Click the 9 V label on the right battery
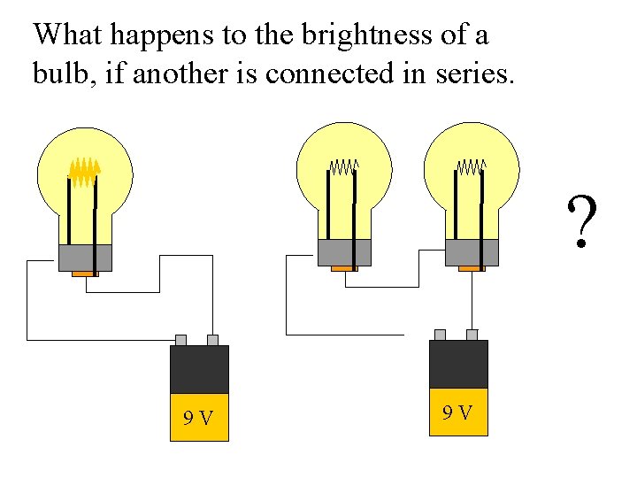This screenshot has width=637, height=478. [x=457, y=412]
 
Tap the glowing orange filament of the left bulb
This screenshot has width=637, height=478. [x=85, y=170]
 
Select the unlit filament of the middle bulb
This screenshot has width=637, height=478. [x=344, y=166]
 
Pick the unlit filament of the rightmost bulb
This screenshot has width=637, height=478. [x=472, y=166]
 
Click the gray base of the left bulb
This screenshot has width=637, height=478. [x=85, y=258]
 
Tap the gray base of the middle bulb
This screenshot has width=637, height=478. [x=344, y=252]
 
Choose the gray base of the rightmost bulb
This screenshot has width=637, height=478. [x=472, y=252]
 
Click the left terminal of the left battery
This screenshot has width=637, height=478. [x=180, y=340]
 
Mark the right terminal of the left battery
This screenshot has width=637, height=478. [x=212, y=340]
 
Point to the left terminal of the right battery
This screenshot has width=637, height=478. [x=440, y=335]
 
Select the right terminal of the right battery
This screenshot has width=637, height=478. [x=472, y=335]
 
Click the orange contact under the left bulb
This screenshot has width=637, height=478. [x=84, y=274]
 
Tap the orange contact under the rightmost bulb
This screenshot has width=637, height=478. [x=472, y=268]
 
